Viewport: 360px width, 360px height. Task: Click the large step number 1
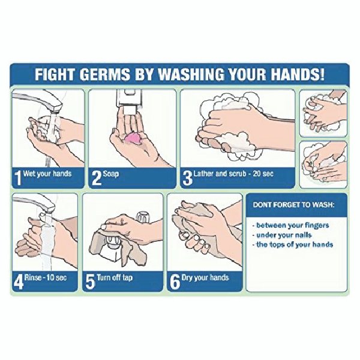pos(17,178)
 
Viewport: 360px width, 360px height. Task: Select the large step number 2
pos(97,178)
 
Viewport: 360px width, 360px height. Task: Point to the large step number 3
pos(187,178)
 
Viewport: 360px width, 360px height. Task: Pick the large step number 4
pos(19,282)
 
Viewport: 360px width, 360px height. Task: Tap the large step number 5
pos(90,282)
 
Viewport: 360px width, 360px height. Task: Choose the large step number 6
pos(175,282)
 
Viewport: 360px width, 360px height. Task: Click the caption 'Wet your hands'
pos(47,173)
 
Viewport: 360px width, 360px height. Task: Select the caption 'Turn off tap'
pos(115,278)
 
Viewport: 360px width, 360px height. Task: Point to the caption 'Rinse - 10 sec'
pos(46,278)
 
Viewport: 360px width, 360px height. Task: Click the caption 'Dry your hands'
pos(205,278)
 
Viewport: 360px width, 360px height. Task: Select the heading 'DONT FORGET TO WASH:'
pos(293,205)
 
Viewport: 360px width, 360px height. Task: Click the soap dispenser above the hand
pos(129,101)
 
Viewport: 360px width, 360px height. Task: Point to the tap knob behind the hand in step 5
pos(143,217)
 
